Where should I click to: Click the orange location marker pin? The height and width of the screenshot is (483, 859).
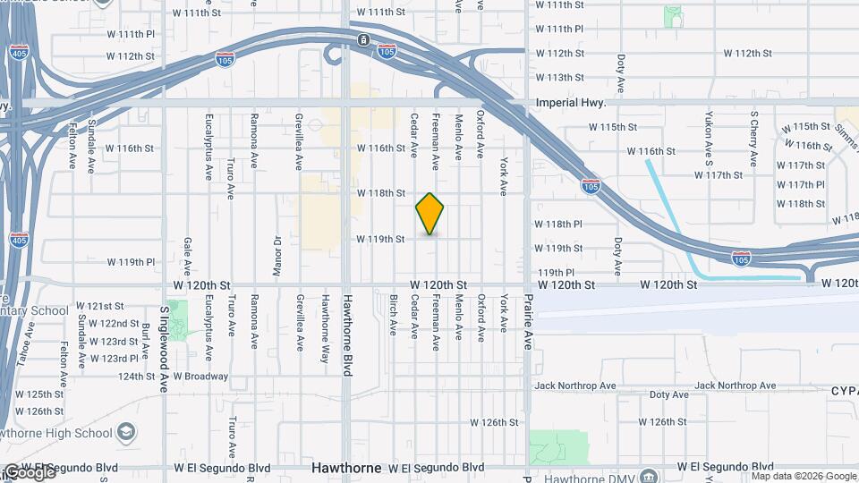tap(429, 213)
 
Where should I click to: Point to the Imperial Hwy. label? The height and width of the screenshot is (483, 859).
tap(571, 103)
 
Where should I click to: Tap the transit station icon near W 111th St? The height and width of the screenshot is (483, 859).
tap(363, 40)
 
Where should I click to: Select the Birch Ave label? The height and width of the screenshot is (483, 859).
tap(393, 314)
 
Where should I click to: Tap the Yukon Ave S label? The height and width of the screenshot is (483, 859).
tap(709, 140)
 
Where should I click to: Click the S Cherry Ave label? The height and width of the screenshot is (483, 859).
tap(754, 140)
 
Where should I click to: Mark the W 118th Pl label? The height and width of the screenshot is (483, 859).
tap(559, 224)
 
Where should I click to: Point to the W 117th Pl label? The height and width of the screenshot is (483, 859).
tap(801, 185)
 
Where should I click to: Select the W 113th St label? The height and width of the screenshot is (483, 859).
tap(559, 78)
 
